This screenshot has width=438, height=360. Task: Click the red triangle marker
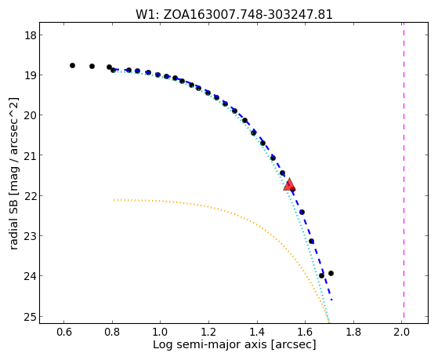pyautogui.click(x=289, y=184)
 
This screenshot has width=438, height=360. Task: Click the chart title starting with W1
pyautogui.click(x=234, y=14)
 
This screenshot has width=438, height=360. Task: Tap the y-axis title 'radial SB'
pyautogui.click(x=13, y=173)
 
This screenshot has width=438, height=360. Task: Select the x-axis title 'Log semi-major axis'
pyautogui.click(x=234, y=344)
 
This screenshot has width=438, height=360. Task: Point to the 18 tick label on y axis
pyautogui.click(x=30, y=35)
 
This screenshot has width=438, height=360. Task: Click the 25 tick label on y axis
pyautogui.click(x=30, y=317)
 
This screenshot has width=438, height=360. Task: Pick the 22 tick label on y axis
pyautogui.click(x=30, y=196)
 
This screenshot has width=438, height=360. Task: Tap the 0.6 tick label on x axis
pyautogui.click(x=63, y=332)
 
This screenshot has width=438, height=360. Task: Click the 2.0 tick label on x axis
pyautogui.click(x=402, y=332)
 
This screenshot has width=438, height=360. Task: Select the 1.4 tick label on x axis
pyautogui.click(x=257, y=332)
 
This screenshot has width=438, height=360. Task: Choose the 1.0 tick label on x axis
pyautogui.click(x=160, y=332)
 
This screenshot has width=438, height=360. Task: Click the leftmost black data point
pyautogui.click(x=72, y=65)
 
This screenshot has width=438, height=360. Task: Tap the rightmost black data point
pyautogui.click(x=331, y=273)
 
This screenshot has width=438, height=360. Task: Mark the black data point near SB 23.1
pyautogui.click(x=312, y=241)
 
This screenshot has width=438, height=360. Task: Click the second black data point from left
pyautogui.click(x=92, y=67)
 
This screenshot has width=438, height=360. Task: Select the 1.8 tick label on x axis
pyautogui.click(x=353, y=332)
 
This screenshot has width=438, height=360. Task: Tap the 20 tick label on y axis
pyautogui.click(x=30, y=115)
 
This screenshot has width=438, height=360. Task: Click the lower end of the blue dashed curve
pyautogui.click(x=331, y=300)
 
